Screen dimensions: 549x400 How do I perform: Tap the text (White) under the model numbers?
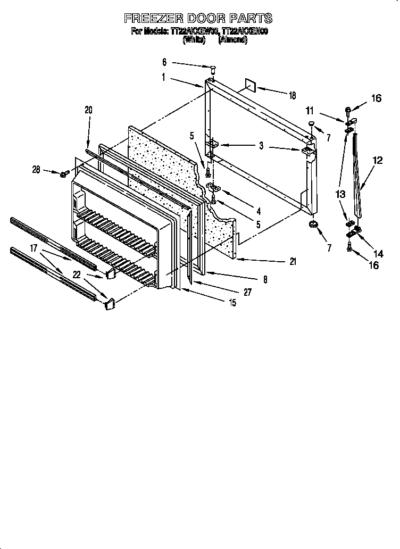coord(194,40)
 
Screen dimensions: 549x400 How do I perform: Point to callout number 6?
coord(164,62)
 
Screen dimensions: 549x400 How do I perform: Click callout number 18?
coord(292,95)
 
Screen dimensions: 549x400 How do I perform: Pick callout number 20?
coord(88,110)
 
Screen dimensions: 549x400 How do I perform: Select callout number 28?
coord(36,170)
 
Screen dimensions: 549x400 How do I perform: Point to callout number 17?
coord(34,248)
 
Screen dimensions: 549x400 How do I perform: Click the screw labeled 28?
coord(63,174)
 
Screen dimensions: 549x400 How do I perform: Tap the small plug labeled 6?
coord(212,68)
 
